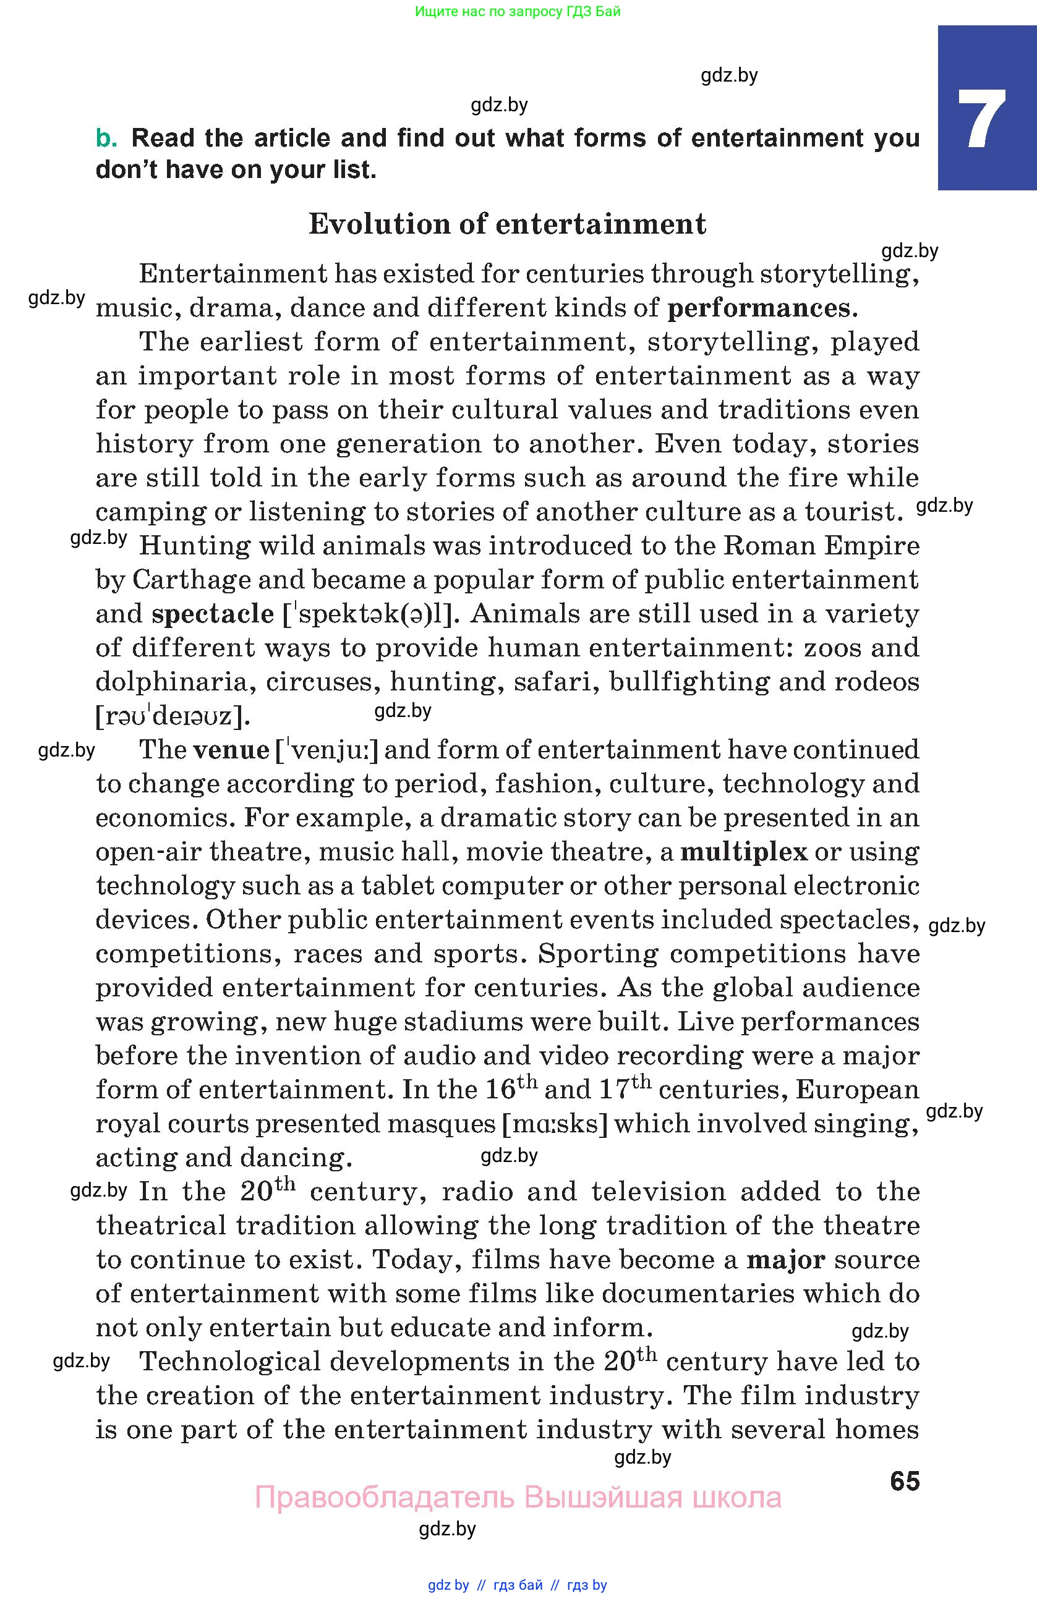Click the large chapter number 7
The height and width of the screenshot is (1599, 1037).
pyautogui.click(x=982, y=119)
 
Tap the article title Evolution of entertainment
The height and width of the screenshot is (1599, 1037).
pyautogui.click(x=508, y=224)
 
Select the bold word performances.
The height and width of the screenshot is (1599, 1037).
pyautogui.click(x=759, y=308)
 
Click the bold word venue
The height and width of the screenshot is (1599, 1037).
pyautogui.click(x=231, y=750)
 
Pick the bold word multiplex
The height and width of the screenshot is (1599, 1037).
pyautogui.click(x=743, y=852)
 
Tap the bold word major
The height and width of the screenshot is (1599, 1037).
pyautogui.click(x=786, y=1260)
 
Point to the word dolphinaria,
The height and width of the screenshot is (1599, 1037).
pyautogui.click(x=177, y=682)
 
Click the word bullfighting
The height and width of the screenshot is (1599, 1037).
pyautogui.click(x=689, y=682)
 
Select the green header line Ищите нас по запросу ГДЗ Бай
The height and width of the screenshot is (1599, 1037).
pyautogui.click(x=518, y=11)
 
